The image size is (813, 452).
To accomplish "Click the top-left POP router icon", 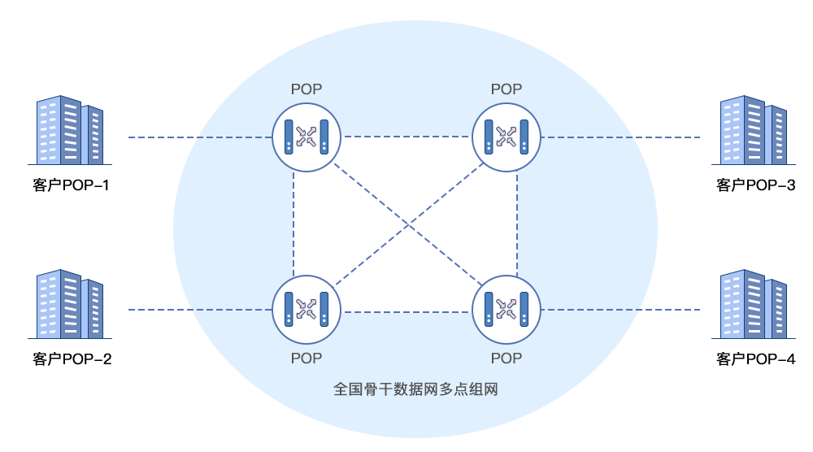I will (307, 137).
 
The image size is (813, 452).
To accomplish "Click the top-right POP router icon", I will (506, 137).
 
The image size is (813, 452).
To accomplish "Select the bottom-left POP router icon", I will (307, 309).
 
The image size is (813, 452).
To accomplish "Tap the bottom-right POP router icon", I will (506, 309).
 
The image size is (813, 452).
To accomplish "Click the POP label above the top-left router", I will (307, 89).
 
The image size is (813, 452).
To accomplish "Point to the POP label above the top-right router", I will (506, 89).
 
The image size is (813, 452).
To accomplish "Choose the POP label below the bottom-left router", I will (307, 359).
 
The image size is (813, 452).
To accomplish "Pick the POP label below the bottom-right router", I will (506, 359).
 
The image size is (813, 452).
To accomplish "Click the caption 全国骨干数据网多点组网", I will (415, 389).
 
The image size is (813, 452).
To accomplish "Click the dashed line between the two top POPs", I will (406, 137).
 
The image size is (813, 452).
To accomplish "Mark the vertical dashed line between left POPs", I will (293, 224).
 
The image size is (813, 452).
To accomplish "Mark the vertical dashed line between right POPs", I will (517, 224).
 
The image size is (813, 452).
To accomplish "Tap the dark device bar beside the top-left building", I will (165, 137).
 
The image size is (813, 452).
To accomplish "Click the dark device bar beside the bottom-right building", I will (667, 309).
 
